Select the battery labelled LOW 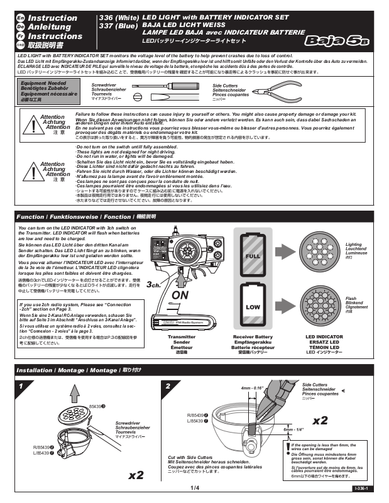[253, 307]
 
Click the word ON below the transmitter [180, 295]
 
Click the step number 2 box [168, 385]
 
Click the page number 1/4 [194, 488]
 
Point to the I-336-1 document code [360, 488]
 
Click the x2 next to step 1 [136, 475]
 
